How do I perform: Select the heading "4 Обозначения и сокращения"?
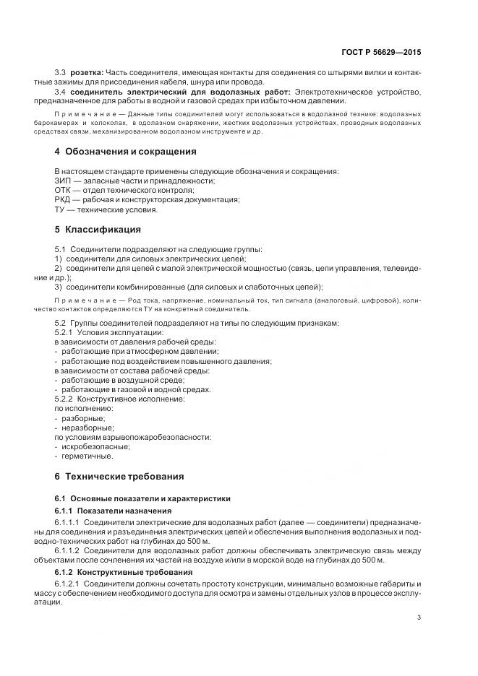tap(126, 152)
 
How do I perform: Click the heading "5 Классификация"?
tap(98, 230)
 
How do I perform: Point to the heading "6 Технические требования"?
tap(119, 477)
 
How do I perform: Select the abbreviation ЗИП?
tap(64, 181)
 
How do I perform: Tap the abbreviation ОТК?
tap(64, 191)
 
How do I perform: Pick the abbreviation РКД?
tap(64, 200)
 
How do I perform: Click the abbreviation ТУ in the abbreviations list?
tap(61, 210)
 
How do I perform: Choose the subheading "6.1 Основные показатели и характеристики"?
tap(142, 498)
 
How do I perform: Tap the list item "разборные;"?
tap(84, 418)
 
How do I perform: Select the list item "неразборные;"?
tap(88, 428)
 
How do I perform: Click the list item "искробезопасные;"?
tap(93, 447)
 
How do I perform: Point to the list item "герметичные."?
tap(87, 456)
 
